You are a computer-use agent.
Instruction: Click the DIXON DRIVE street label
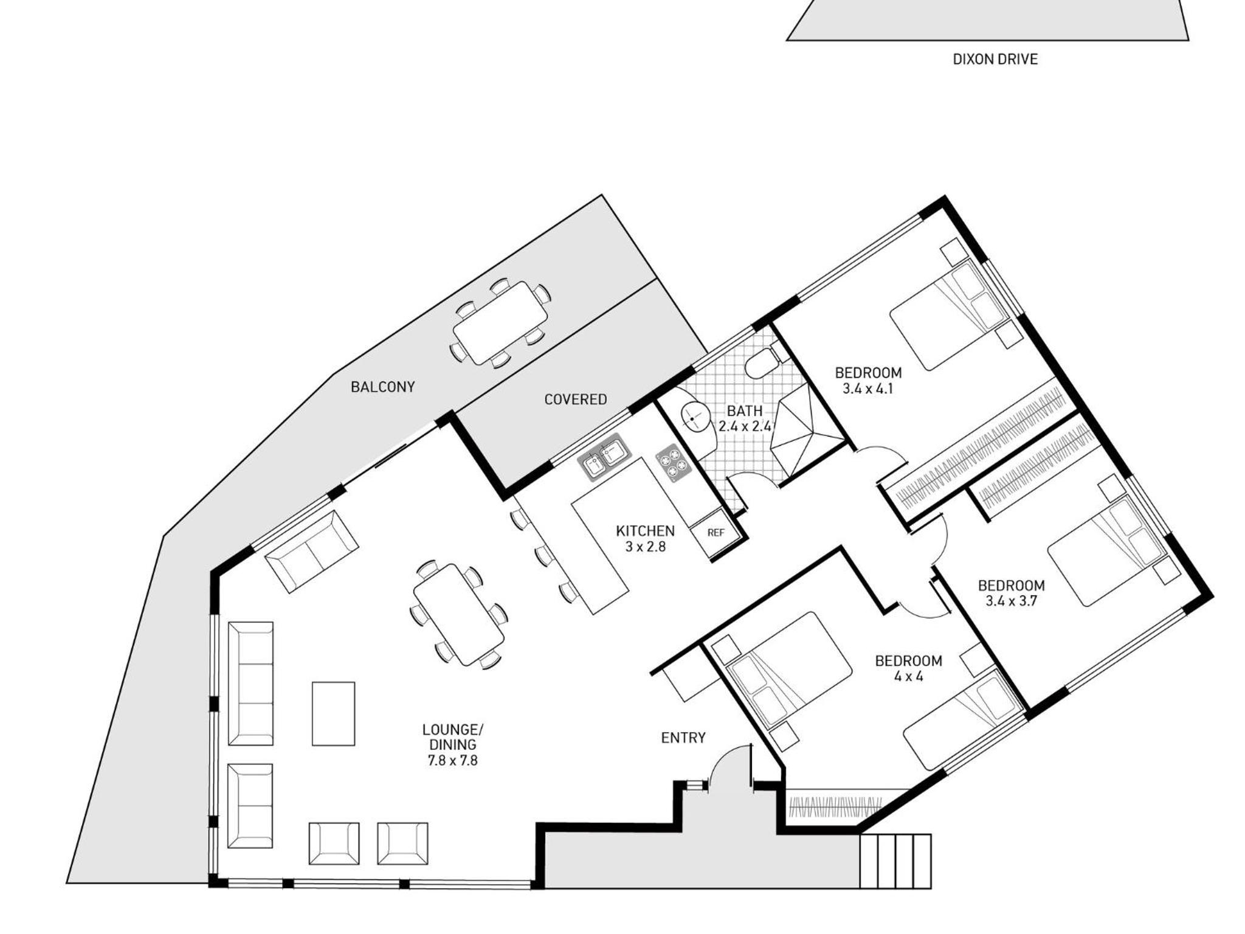[995, 59]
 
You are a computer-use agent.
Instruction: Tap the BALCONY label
[383, 387]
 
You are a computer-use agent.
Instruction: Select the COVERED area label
[575, 400]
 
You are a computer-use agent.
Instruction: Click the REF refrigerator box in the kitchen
[716, 533]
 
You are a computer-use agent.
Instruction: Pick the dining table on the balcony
[500, 323]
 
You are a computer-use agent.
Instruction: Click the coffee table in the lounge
[333, 713]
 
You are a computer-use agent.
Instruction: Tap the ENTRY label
[683, 738]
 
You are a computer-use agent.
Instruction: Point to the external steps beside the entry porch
[895, 861]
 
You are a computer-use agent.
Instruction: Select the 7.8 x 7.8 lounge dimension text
[453, 760]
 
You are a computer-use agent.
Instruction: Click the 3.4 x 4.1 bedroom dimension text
[868, 389]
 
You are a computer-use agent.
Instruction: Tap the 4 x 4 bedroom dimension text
[908, 676]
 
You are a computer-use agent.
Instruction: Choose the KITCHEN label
[645, 531]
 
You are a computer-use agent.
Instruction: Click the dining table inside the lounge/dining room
[459, 615]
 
